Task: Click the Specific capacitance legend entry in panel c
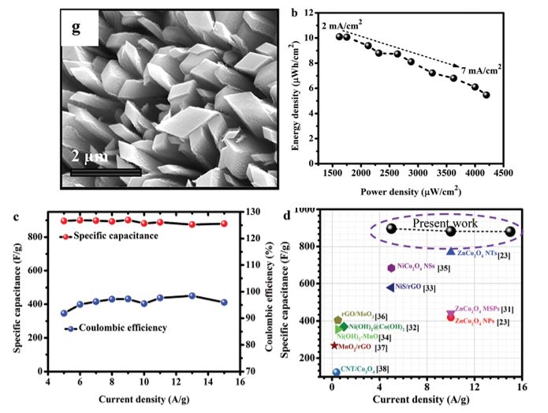click(x=110, y=236)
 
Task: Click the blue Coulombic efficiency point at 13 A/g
click(x=192, y=295)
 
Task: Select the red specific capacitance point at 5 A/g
click(x=64, y=220)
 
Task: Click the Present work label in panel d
click(x=446, y=221)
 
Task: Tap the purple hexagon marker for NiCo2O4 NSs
click(x=391, y=268)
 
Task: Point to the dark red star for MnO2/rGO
click(x=334, y=345)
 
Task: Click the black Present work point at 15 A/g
click(x=510, y=231)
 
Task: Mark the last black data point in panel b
click(x=486, y=95)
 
